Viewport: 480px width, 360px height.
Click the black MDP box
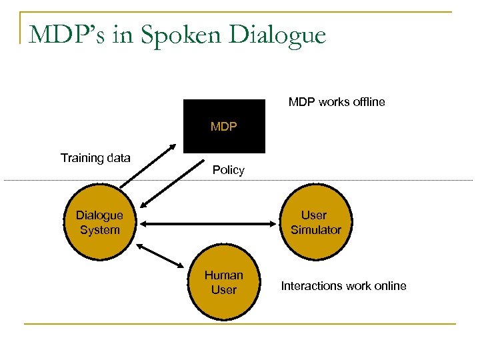tap(224, 127)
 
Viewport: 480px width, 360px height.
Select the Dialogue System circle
tap(99, 223)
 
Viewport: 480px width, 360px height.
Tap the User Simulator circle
tap(315, 223)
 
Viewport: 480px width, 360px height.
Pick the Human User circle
tap(223, 283)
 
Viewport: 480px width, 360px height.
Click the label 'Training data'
tap(95, 158)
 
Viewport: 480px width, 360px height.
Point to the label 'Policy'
tap(228, 170)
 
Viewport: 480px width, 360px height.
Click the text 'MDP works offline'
tap(336, 103)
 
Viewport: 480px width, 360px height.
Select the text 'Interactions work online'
tap(343, 286)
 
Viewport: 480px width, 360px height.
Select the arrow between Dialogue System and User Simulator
tap(208, 223)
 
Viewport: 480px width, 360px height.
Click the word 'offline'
tap(367, 103)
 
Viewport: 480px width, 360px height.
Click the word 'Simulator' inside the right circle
tap(315, 230)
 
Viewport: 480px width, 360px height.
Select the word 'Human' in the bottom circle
tap(223, 275)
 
